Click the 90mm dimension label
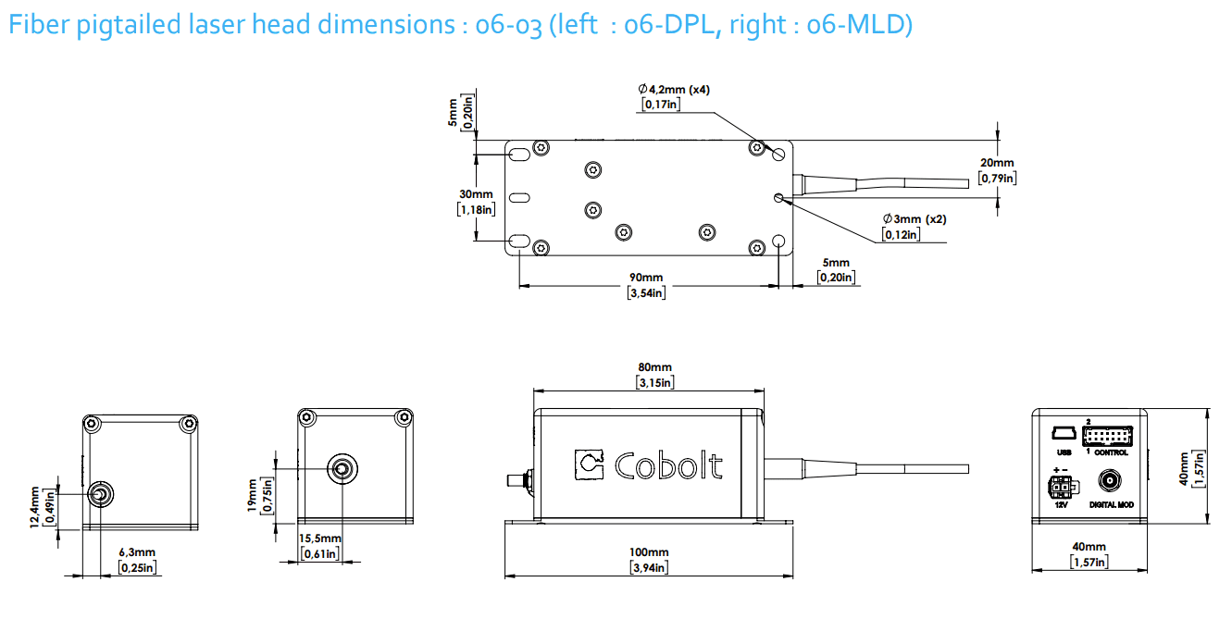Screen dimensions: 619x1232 click(647, 277)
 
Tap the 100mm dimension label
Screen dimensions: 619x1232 click(648, 552)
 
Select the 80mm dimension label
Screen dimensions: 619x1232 click(653, 367)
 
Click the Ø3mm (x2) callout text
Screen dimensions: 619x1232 click(914, 219)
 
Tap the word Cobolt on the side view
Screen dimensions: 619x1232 click(668, 465)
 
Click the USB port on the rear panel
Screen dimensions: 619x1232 click(1063, 434)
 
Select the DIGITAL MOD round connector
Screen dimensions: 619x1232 click(1110, 482)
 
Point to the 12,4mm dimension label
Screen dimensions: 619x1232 click(35, 507)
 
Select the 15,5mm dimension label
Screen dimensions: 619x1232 click(319, 539)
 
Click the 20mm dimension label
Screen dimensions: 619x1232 click(997, 163)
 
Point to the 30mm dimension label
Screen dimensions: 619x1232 click(476, 194)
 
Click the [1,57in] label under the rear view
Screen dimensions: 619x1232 click(1089, 562)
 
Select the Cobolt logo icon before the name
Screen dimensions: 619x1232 click(589, 465)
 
